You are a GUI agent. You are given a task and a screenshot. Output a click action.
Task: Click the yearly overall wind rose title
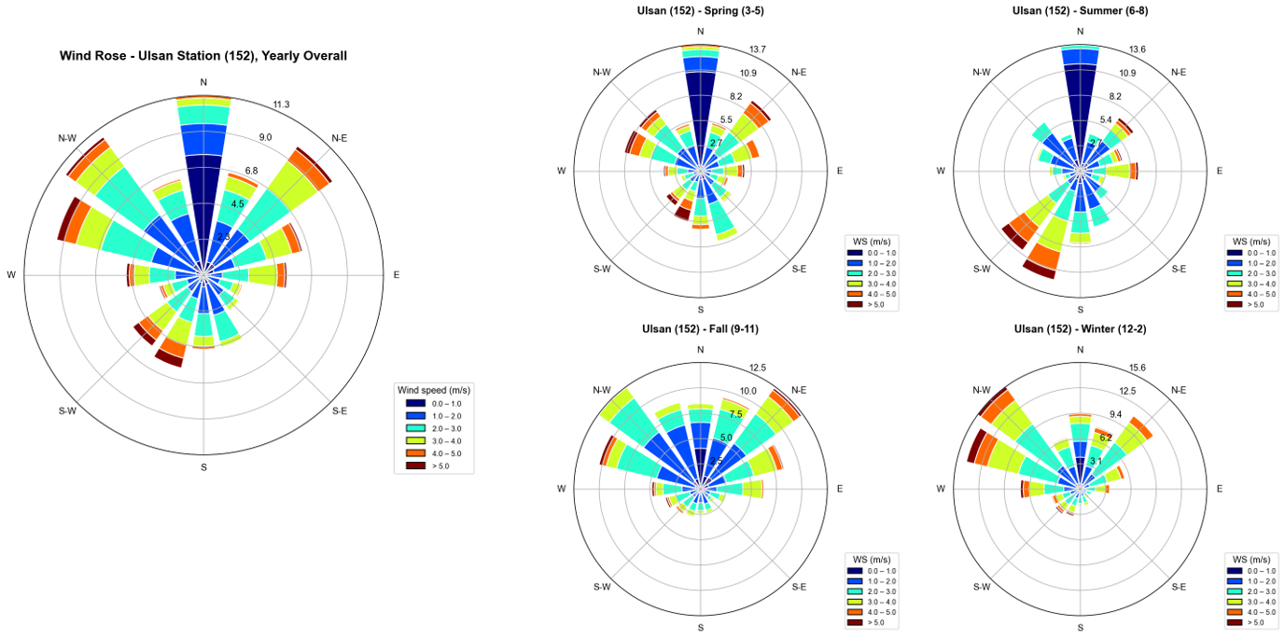[203, 56]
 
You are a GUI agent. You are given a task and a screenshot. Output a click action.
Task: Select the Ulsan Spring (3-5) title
[701, 11]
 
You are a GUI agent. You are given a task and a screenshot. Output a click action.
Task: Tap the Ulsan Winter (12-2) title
[1081, 329]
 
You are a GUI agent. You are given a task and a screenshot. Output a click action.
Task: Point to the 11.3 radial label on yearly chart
[281, 104]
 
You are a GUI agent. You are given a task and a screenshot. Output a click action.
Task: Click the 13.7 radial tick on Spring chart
[757, 49]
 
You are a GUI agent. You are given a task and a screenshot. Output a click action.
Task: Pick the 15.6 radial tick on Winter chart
[1137, 368]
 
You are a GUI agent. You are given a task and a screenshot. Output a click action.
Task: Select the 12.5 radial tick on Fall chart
[757, 368]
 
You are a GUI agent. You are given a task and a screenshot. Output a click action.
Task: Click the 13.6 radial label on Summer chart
[1137, 49]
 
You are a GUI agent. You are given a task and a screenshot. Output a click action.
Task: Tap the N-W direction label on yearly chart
[67, 138]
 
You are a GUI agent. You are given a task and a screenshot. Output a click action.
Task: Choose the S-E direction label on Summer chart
[1179, 269]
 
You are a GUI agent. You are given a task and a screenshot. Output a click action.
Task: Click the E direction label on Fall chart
[840, 489]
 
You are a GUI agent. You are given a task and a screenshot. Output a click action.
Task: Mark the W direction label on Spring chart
[562, 171]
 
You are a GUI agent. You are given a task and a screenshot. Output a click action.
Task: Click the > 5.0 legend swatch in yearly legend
[415, 465]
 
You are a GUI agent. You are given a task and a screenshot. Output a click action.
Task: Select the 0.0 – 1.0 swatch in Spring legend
[856, 253]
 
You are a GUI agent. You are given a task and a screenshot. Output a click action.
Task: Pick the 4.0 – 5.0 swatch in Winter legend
[1236, 612]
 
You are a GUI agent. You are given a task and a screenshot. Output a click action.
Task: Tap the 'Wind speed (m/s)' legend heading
[434, 390]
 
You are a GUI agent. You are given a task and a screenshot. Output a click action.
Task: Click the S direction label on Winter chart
[1081, 628]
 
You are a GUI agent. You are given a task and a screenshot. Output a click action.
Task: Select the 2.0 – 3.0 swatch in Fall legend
[856, 591]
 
